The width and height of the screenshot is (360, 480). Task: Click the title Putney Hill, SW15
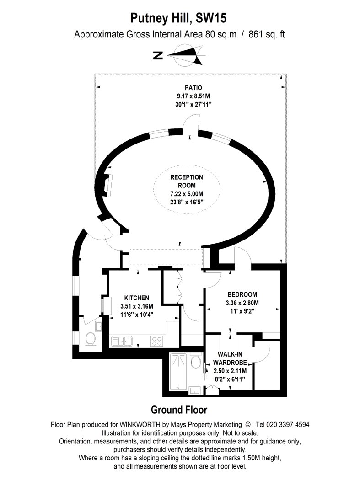coord(178,18)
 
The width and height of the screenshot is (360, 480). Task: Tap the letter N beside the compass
coord(158,55)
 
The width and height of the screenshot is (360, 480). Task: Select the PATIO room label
coord(193,88)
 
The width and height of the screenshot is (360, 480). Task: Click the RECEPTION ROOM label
coord(187,181)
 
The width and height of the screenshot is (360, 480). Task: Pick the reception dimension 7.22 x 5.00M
coord(187,194)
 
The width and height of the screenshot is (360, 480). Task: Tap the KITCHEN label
coord(137,298)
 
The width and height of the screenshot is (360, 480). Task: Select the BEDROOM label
coord(242,294)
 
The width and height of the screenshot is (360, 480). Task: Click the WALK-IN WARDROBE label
coord(230,358)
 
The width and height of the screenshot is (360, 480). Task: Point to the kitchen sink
coord(122,341)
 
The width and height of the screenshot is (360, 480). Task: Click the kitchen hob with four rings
coord(157,341)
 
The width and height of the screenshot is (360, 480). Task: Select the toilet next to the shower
coord(195,361)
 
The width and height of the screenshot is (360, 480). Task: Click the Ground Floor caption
coord(179,410)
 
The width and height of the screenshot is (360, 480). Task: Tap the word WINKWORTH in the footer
coord(140,425)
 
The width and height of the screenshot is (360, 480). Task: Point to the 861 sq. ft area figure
coord(267,34)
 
